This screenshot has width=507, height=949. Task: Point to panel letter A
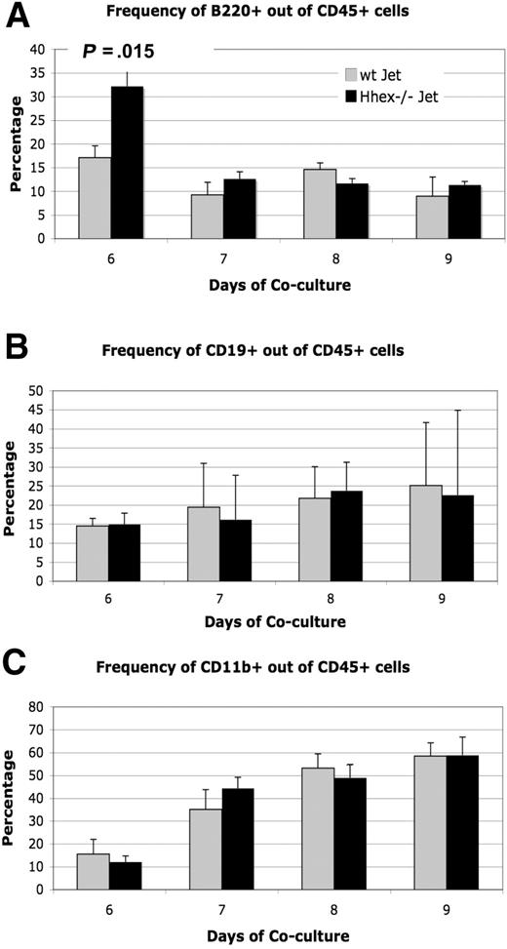[x=17, y=17]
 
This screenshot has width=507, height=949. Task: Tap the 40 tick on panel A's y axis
[x=36, y=49]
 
